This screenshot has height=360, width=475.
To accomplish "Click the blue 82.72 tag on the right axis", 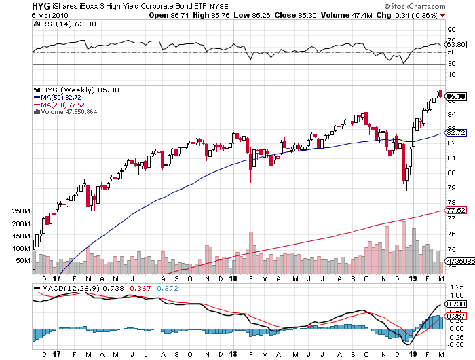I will (x=456, y=132).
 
